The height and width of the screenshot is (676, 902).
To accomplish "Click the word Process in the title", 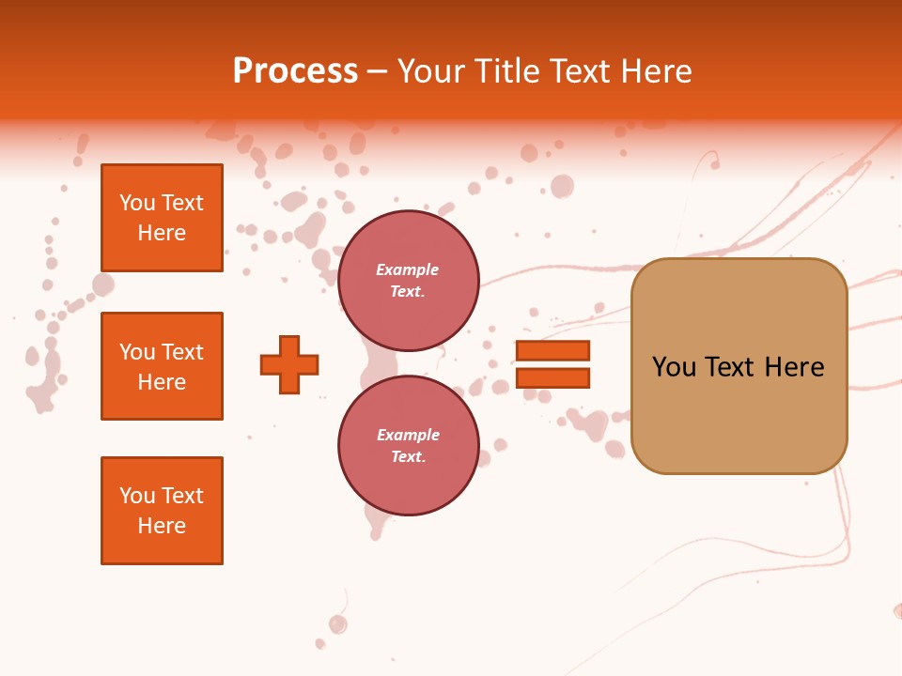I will click(x=295, y=71).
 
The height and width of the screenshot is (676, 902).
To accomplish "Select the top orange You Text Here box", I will click(x=162, y=218).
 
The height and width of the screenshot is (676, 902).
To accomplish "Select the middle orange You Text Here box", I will click(x=162, y=366).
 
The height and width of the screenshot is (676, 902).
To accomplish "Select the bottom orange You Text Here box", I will click(x=162, y=511).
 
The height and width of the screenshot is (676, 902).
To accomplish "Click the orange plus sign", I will click(x=289, y=364).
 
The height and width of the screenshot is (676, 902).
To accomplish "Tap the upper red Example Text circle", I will click(x=408, y=281).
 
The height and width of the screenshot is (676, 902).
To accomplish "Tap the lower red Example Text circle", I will click(x=408, y=446).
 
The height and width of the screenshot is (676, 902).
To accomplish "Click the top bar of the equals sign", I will click(x=552, y=351).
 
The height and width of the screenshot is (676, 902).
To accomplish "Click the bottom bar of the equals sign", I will click(x=552, y=378).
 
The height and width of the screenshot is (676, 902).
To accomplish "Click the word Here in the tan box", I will click(x=794, y=367).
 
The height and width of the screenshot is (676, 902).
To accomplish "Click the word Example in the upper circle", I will click(x=408, y=269).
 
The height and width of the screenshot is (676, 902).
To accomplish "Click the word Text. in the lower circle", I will click(x=408, y=456).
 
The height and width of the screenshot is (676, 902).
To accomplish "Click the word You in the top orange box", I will click(x=137, y=203).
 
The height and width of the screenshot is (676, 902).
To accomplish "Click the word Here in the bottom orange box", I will click(x=162, y=526).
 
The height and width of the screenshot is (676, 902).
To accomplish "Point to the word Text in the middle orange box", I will click(x=182, y=352).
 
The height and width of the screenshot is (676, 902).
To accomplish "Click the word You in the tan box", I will click(x=674, y=367).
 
